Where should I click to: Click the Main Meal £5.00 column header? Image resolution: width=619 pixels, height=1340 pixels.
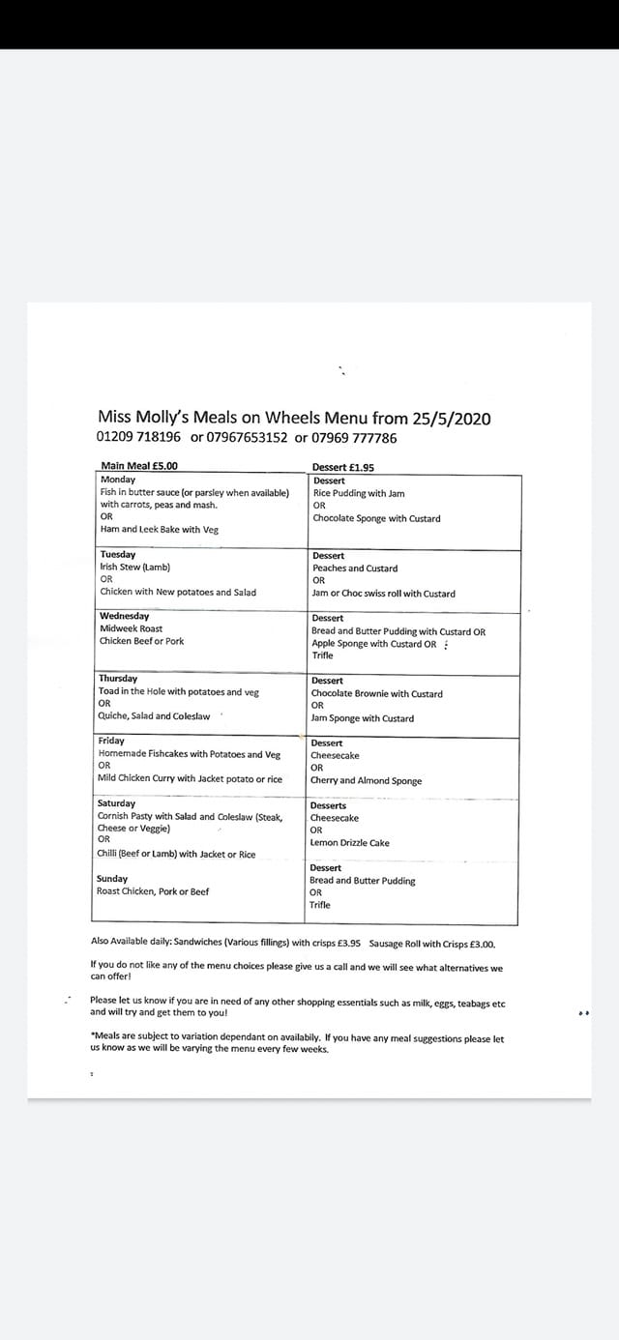pyautogui.click(x=139, y=466)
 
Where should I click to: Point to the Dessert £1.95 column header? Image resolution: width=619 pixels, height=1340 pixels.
pyautogui.click(x=343, y=468)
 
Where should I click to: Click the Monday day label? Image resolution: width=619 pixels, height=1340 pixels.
pyautogui.click(x=118, y=480)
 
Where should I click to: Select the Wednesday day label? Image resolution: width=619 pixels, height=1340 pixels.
pyautogui.click(x=124, y=616)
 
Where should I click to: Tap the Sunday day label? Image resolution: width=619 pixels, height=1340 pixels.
pyautogui.click(x=112, y=879)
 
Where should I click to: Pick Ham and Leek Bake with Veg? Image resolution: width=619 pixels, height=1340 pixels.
pyautogui.click(x=160, y=529)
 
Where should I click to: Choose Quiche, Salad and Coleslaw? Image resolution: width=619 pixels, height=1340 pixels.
pyautogui.click(x=154, y=716)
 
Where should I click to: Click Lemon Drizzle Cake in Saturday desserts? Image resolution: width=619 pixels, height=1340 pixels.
pyautogui.click(x=349, y=843)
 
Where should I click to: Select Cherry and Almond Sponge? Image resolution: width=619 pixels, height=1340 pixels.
pyautogui.click(x=366, y=781)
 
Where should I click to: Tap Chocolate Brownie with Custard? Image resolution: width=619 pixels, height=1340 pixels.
pyautogui.click(x=376, y=694)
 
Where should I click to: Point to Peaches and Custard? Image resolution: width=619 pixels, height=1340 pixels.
pyautogui.click(x=354, y=568)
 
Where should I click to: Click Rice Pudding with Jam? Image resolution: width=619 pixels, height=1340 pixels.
pyautogui.click(x=359, y=493)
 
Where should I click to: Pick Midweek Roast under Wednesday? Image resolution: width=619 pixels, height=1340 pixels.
pyautogui.click(x=131, y=628)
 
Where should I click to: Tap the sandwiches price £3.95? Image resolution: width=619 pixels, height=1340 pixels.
pyautogui.click(x=348, y=944)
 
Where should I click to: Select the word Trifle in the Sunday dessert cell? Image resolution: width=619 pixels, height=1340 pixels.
pyautogui.click(x=320, y=905)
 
